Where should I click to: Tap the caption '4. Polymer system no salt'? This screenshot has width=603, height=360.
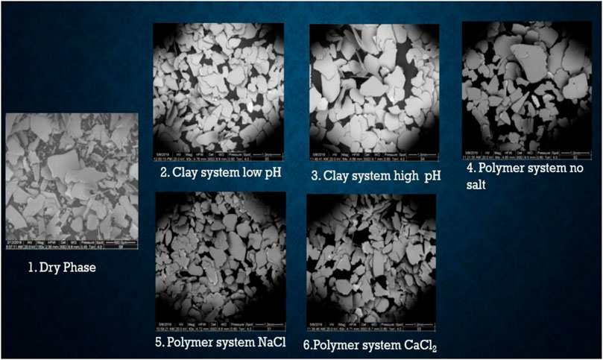coord(525,175)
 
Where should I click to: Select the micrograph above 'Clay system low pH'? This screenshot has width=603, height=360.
coord(218,86)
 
